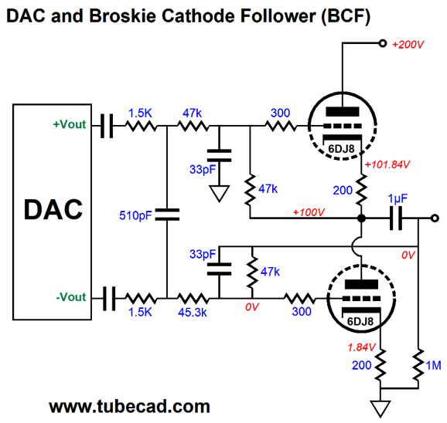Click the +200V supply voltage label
pos(408,45)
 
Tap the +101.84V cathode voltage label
pos(387,164)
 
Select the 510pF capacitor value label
pos(135,215)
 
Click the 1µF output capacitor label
pos(398,199)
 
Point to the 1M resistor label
pos(433,365)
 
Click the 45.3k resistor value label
pos(193,313)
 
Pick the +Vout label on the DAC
pos(70,124)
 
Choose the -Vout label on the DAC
pos(71,297)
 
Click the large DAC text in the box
pos(53,210)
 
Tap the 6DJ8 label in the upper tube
pos(341,148)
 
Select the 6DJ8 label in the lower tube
pos(360,321)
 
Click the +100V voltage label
pos(309,212)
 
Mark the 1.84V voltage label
pos(361,347)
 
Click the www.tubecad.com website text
pos(130,406)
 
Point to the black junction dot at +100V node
pos(361,218)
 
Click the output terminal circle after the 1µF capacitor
pos(435,218)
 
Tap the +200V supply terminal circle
pos(383,43)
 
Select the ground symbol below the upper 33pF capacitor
pos(219,194)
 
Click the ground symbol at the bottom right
pos(380,409)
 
